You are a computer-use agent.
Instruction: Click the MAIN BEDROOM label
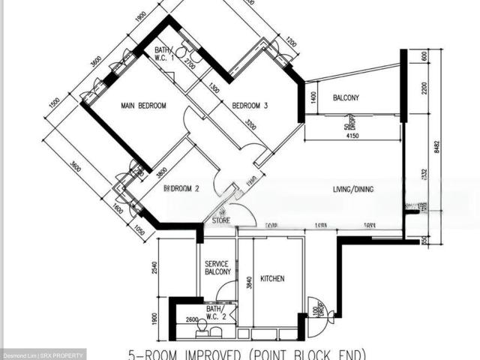(143, 106)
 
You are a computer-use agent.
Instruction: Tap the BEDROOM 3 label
(250, 106)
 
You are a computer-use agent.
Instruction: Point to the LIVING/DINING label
(353, 190)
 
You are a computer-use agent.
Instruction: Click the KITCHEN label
(272, 279)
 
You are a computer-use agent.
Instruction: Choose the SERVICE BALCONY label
(219, 268)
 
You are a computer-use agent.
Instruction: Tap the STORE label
(221, 220)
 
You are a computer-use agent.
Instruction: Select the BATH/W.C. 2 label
(214, 312)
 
